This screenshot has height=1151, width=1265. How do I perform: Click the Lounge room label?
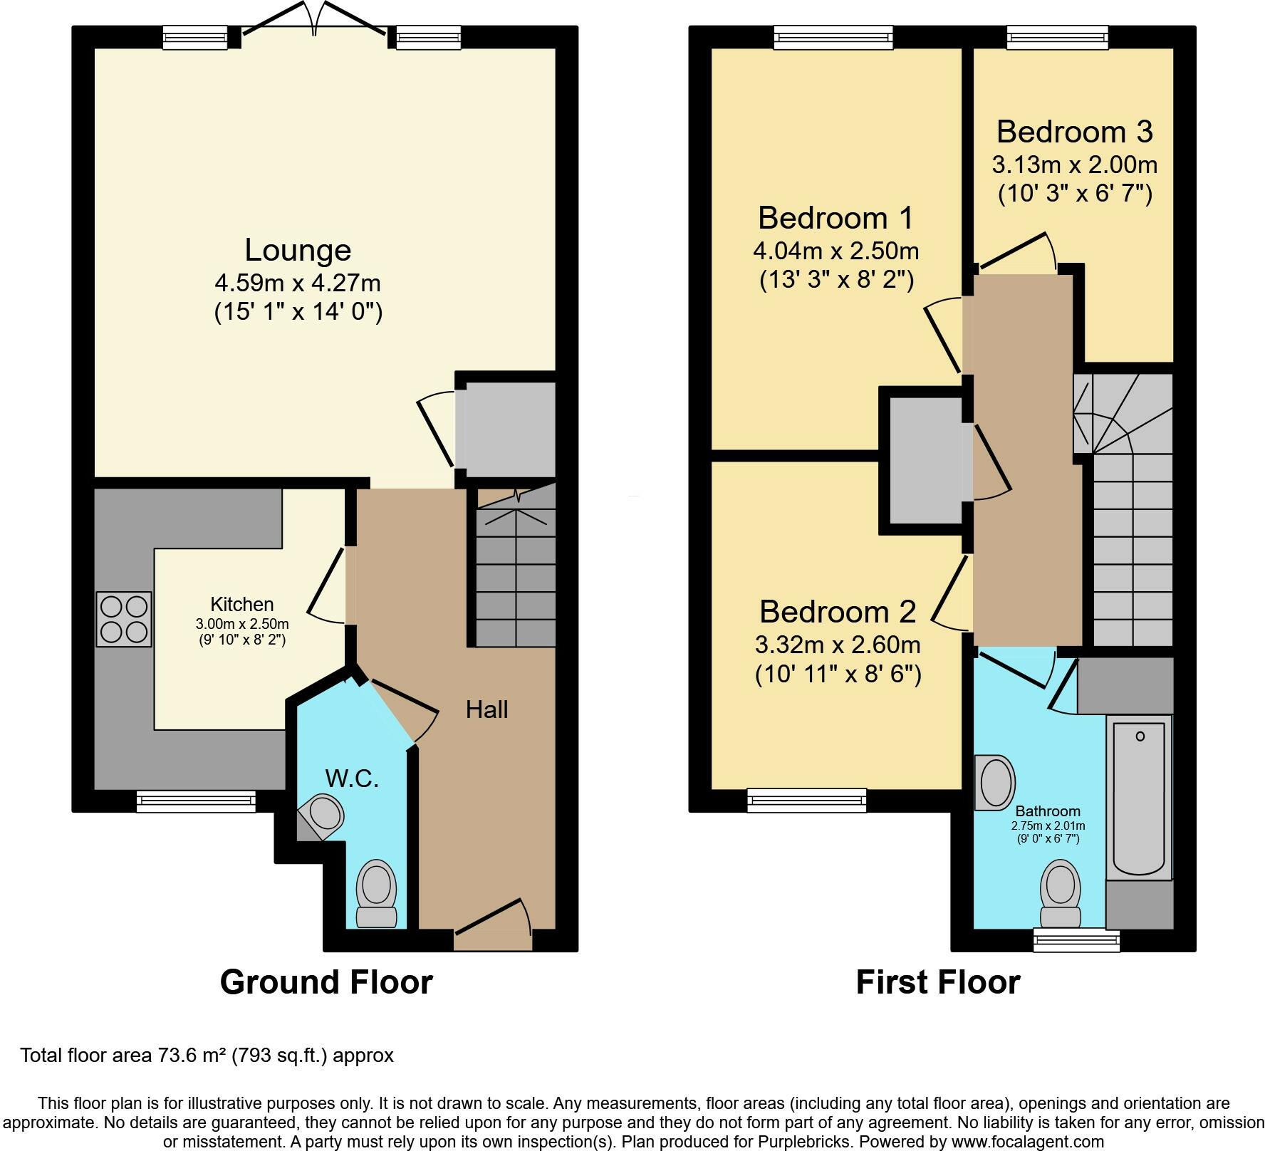tap(298, 250)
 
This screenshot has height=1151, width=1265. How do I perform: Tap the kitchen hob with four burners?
tap(124, 620)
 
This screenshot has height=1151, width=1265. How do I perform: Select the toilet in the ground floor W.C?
tap(377, 893)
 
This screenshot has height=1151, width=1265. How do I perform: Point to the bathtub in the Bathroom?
tap(1139, 797)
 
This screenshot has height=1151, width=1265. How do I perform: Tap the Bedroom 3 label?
tap(1074, 132)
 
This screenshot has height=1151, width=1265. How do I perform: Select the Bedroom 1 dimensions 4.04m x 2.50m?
tap(835, 251)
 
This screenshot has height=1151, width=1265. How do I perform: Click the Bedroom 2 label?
tap(837, 611)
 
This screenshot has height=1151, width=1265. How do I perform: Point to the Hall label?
tap(487, 709)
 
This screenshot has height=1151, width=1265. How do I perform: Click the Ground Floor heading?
tap(326, 981)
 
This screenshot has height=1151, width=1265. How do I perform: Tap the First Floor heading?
tap(938, 981)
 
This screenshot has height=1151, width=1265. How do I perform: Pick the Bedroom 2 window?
tap(807, 800)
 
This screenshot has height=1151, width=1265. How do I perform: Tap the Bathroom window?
tap(1077, 941)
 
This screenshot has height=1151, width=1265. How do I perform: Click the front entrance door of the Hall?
tap(493, 927)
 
